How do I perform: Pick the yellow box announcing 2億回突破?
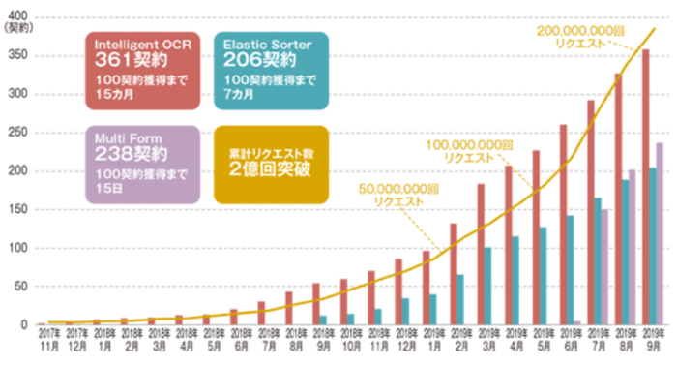point(267,161)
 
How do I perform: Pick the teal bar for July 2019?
point(598,261)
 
